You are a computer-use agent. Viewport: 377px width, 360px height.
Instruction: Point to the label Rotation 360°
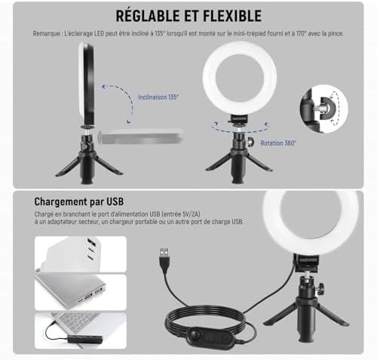click(278, 142)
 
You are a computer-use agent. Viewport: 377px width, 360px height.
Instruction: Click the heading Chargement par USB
click(78, 202)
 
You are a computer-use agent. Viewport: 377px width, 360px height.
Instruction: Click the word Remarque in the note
click(49, 35)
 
